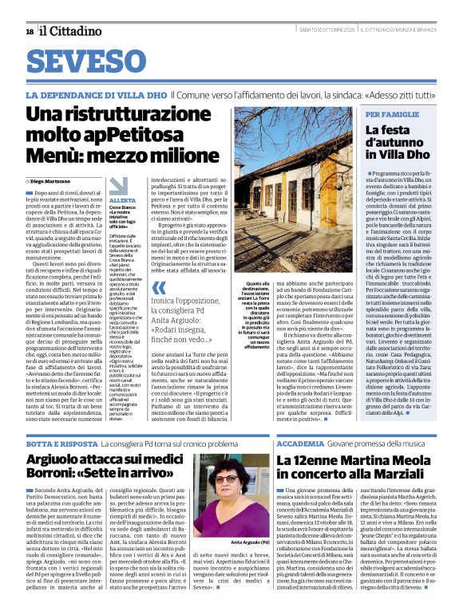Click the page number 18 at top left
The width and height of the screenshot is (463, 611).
point(29,31)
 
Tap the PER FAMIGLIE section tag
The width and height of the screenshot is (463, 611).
point(391,114)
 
